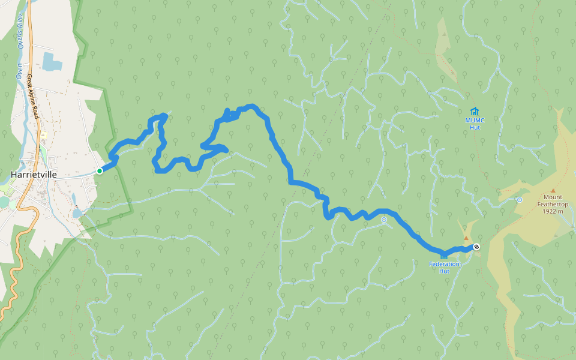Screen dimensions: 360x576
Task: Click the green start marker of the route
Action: pyautogui.click(x=100, y=171)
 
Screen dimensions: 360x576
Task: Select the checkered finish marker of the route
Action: pyautogui.click(x=476, y=247)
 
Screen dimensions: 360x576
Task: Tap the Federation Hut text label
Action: pyautogui.click(x=444, y=267)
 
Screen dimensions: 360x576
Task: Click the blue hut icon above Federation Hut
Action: pyautogui.click(x=444, y=256)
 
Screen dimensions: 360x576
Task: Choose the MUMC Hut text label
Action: pyautogui.click(x=475, y=124)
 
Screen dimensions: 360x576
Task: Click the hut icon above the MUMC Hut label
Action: pyautogui.click(x=475, y=111)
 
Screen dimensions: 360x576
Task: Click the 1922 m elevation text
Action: pyautogui.click(x=553, y=211)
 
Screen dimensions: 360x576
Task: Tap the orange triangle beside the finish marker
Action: pyautogui.click(x=466, y=238)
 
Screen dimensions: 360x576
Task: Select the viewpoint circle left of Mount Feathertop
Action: pyautogui.click(x=519, y=200)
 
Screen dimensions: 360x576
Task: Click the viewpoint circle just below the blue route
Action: pyautogui.click(x=384, y=220)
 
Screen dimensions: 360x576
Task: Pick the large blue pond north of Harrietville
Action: pyautogui.click(x=52, y=61)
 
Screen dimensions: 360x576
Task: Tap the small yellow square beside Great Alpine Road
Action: pyautogui.click(x=44, y=134)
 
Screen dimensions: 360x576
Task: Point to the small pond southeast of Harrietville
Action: pyautogui.click(x=77, y=212)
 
